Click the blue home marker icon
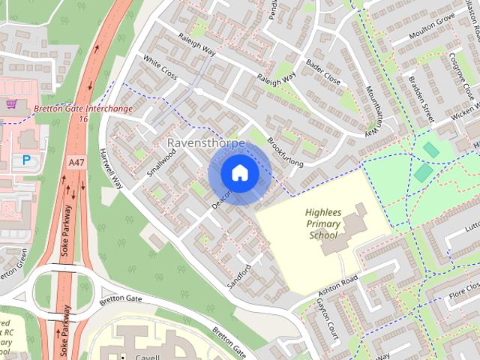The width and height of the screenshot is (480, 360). [238, 173]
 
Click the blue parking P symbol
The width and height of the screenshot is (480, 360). [26, 160]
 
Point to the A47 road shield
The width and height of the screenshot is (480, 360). [76, 161]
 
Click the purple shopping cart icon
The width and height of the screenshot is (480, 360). [10, 104]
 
